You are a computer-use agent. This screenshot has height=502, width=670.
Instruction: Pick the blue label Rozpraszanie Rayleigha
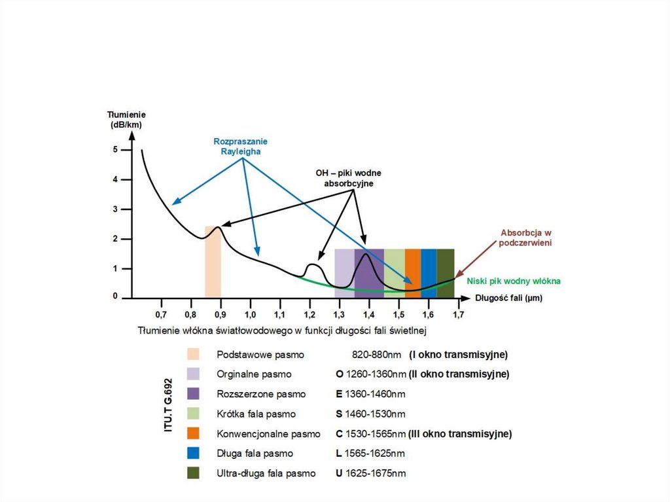[x=240, y=146]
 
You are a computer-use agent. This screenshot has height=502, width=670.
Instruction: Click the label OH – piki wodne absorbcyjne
[x=349, y=178]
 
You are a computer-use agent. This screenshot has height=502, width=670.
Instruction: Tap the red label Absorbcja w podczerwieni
[x=527, y=238]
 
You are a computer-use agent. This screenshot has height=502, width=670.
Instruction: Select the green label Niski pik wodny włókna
[x=514, y=281]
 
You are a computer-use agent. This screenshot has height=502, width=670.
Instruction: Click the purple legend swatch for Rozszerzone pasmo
[x=194, y=394]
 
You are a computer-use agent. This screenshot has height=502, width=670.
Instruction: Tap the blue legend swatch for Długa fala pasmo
[x=194, y=453]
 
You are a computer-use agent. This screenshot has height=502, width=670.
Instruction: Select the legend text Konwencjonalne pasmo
[x=268, y=433]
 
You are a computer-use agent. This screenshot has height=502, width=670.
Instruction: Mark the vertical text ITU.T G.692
[x=168, y=404]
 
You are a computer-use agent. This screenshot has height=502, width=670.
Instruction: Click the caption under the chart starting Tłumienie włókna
[x=283, y=330]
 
